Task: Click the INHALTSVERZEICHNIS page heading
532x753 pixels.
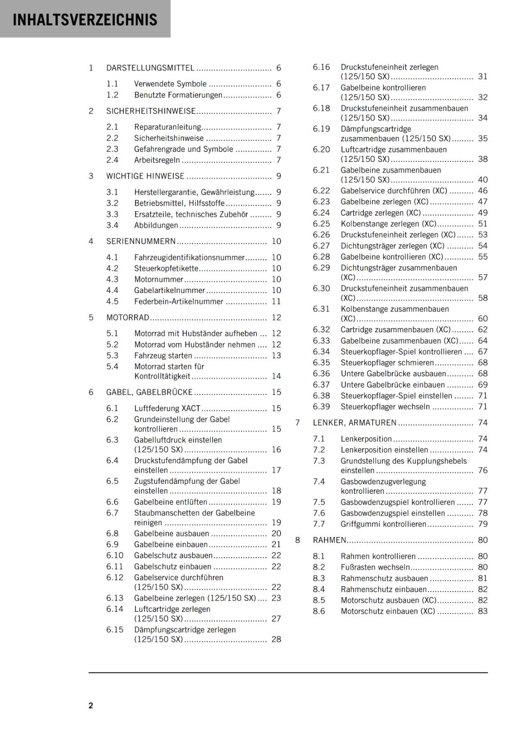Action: point(85,20)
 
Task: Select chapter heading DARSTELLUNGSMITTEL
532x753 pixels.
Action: point(150,68)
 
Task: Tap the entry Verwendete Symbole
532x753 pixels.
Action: point(170,84)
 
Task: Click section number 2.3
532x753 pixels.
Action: point(112,149)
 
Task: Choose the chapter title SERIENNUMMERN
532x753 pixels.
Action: point(141,241)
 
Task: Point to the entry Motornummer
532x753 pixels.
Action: point(158,280)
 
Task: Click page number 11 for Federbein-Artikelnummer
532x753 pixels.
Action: point(276,302)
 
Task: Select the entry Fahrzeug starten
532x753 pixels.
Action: point(163,356)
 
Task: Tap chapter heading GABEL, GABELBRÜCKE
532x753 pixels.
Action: point(149,392)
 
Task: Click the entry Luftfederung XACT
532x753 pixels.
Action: point(167,409)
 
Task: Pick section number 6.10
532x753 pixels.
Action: point(114,556)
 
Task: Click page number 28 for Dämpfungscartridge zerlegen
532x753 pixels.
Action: point(276,640)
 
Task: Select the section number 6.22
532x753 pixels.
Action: point(321,191)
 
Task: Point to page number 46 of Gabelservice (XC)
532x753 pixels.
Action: point(483,191)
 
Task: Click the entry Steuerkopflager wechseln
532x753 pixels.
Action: point(385,407)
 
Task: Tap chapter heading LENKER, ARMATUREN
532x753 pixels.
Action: point(355,423)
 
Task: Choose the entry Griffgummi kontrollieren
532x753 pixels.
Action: point(383,524)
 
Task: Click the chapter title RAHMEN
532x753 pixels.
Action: point(330,540)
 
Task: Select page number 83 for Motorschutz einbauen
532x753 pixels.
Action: point(483,611)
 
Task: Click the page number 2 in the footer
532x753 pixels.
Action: point(91,705)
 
